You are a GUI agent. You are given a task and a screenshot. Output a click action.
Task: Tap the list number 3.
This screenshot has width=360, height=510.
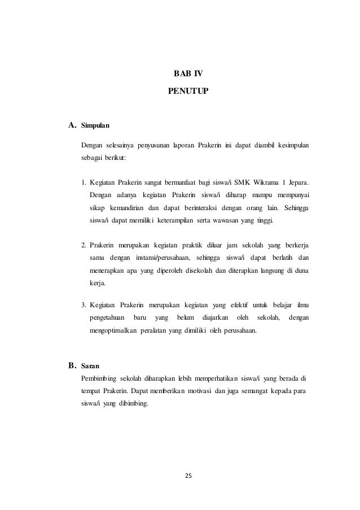coord(84,306)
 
